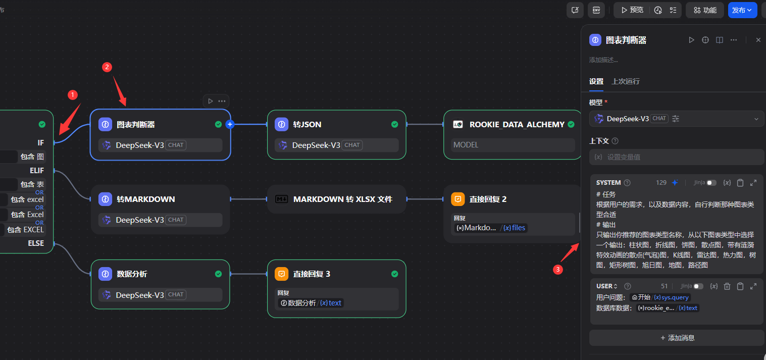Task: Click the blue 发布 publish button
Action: [x=742, y=10]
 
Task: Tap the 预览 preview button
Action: [x=632, y=10]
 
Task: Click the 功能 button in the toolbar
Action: [x=705, y=10]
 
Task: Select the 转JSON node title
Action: [x=307, y=124]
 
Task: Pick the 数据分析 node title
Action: [x=132, y=274]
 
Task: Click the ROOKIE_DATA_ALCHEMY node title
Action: [x=517, y=124]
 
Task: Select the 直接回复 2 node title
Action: [x=488, y=199]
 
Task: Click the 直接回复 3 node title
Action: [x=312, y=274]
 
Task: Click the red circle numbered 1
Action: [x=73, y=94]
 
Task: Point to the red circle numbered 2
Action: [x=107, y=67]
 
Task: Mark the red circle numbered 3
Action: [x=558, y=270]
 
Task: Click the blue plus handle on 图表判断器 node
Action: [x=230, y=124]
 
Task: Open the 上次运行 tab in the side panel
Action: [x=625, y=81]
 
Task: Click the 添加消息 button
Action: [x=677, y=337]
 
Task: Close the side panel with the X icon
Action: [x=758, y=40]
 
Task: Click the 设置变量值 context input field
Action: [x=677, y=157]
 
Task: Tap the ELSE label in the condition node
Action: [x=36, y=243]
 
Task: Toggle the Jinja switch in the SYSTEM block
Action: [x=711, y=183]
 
